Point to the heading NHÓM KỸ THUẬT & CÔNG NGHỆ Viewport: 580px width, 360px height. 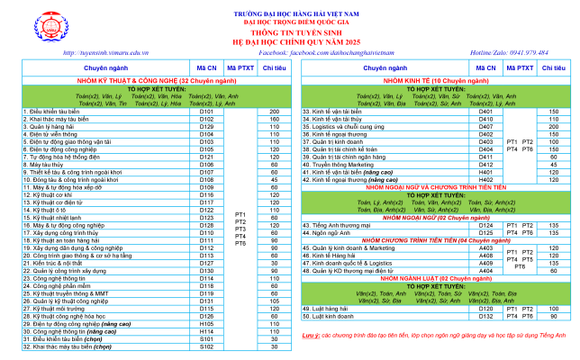pos(145,80)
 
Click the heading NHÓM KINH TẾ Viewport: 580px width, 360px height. pos(435,80)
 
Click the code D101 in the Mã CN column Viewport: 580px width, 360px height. pos(206,112)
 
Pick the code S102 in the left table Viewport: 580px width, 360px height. pos(206,346)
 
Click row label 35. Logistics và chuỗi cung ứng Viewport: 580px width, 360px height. pos(352,126)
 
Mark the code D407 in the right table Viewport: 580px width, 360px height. pos(485,126)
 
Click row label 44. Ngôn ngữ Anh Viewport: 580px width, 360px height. pos(331,232)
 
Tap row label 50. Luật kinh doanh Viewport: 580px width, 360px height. pos(334,316)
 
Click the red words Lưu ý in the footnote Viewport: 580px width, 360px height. pos(310,335)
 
